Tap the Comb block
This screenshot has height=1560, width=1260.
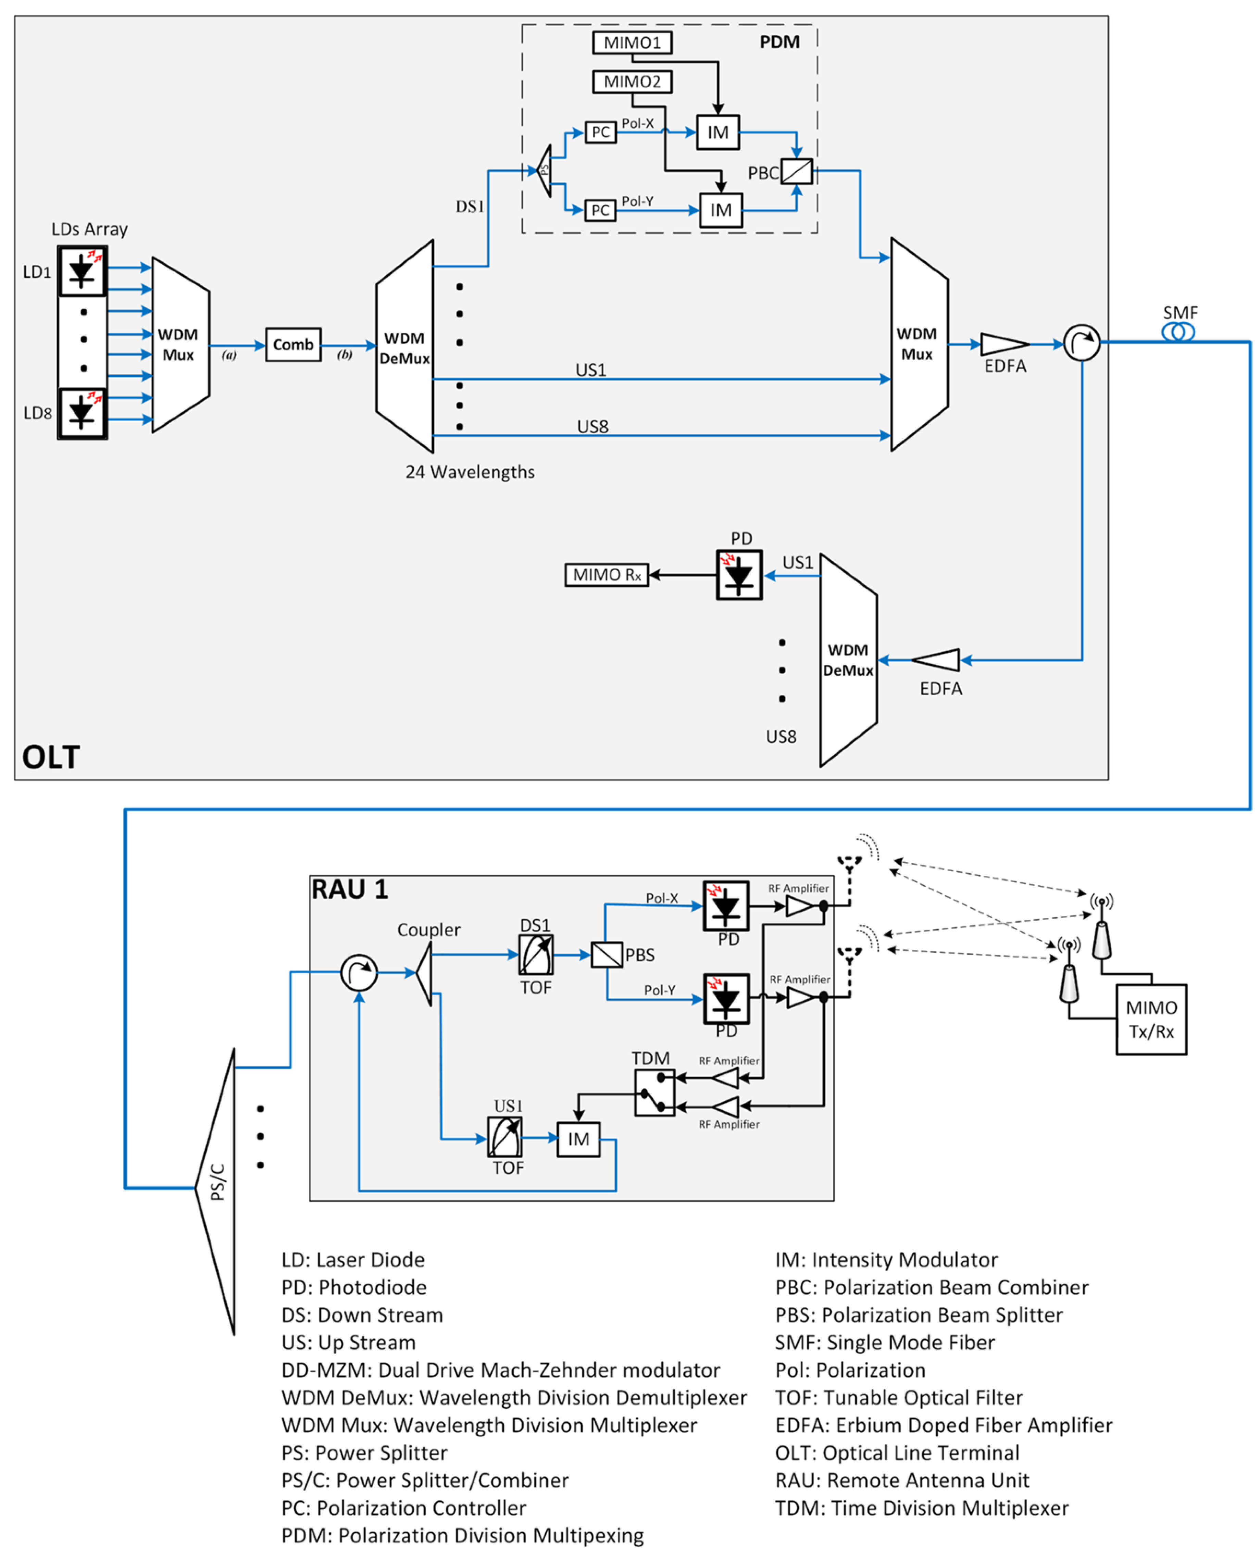point(292,345)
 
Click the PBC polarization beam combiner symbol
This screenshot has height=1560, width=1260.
point(796,171)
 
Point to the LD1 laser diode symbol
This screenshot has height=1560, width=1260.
point(82,271)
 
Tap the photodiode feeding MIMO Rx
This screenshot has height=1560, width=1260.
point(739,575)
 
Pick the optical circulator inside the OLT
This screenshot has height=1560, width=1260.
point(1082,342)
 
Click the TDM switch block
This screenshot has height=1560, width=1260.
point(654,1093)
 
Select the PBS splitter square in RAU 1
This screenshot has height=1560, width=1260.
point(607,954)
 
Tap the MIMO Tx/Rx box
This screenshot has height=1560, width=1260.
point(1150,1019)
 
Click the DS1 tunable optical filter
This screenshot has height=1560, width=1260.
point(536,954)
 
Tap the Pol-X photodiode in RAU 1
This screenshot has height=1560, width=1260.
point(726,906)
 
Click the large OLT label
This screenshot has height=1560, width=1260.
point(51,757)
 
